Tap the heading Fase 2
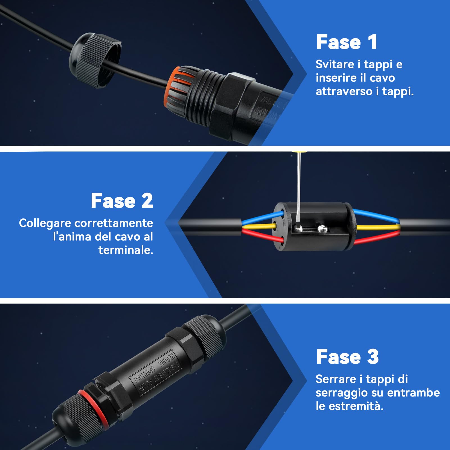click(122, 201)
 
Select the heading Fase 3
click(347, 357)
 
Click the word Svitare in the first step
click(334, 64)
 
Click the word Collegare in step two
click(45, 223)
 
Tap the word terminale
click(126, 250)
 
